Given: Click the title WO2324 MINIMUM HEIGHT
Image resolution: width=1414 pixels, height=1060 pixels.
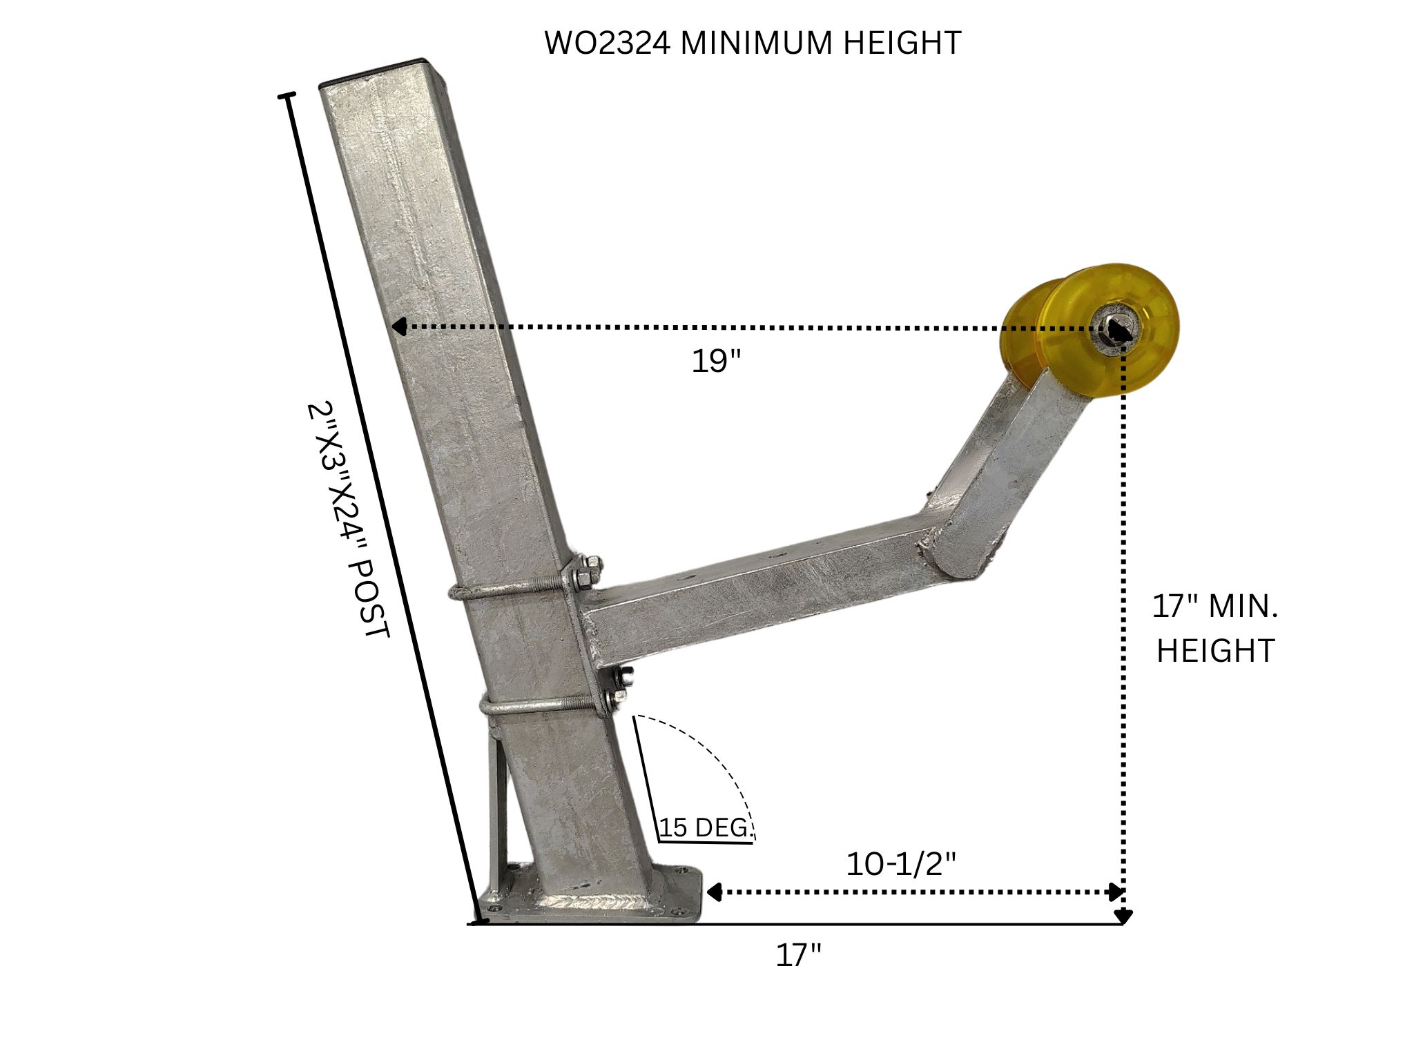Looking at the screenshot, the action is [x=753, y=43].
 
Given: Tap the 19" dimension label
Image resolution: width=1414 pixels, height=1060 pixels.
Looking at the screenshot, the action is [x=716, y=361].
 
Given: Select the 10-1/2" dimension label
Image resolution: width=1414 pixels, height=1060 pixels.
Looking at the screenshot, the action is [x=901, y=864].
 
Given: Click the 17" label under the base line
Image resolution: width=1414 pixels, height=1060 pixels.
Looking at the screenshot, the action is [x=799, y=956].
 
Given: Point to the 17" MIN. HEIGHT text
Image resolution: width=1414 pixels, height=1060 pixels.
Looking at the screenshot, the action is [x=1215, y=629].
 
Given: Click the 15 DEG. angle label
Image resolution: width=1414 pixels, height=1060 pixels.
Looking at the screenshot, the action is [x=705, y=827].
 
